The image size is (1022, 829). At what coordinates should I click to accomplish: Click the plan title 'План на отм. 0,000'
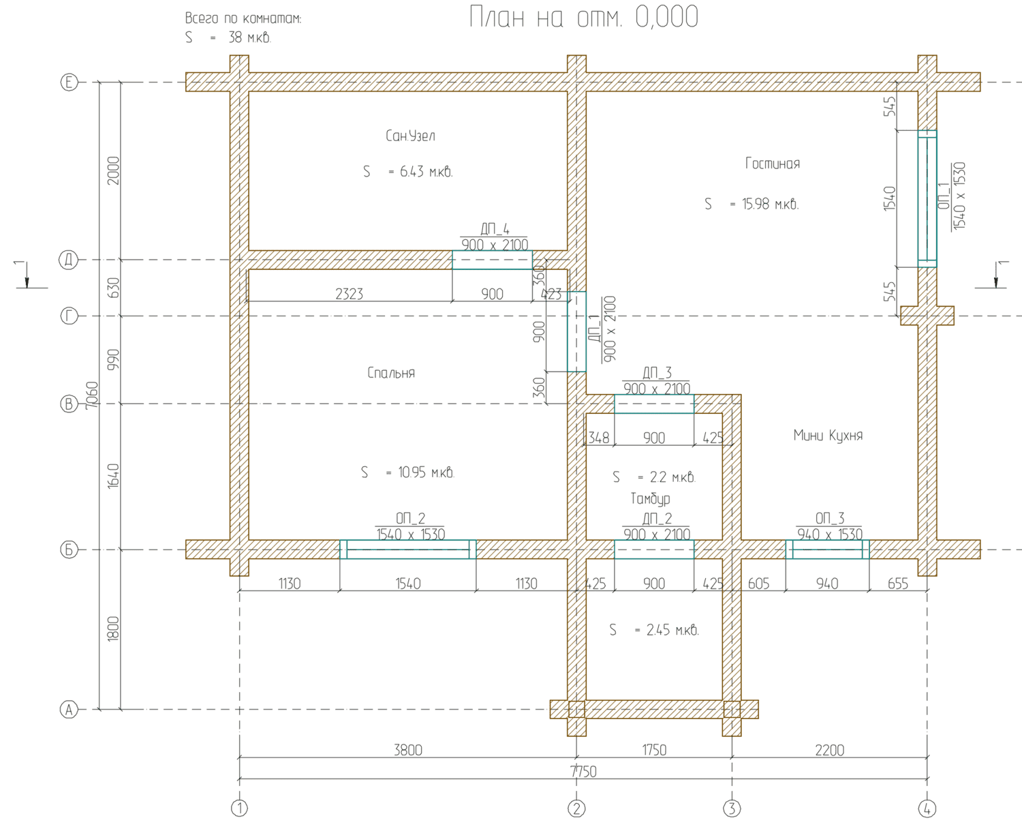[x=583, y=17]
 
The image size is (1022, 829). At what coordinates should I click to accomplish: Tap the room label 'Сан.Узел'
[x=410, y=136]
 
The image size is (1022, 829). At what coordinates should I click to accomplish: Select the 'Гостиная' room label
[x=773, y=164]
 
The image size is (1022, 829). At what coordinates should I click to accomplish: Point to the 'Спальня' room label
[x=391, y=373]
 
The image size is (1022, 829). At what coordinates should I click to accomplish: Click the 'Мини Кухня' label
[x=828, y=436]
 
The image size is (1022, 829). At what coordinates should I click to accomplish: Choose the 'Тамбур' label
[x=650, y=499]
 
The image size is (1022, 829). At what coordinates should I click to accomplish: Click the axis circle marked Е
[x=69, y=82]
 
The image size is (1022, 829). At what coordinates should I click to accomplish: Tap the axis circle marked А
[x=69, y=710]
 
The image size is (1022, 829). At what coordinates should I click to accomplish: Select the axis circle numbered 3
[x=732, y=809]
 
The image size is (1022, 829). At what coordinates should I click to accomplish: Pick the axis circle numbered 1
[x=239, y=809]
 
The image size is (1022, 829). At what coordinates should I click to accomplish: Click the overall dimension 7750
[x=583, y=772]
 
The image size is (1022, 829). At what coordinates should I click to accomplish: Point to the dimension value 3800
[x=408, y=751]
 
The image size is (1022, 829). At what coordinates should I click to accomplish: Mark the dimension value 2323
[x=350, y=294]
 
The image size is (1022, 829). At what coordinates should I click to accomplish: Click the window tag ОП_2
[x=410, y=518]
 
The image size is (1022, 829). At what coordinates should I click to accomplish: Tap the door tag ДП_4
[x=495, y=229]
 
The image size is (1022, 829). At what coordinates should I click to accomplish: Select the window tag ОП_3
[x=830, y=518]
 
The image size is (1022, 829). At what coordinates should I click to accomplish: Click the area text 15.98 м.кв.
[x=770, y=205]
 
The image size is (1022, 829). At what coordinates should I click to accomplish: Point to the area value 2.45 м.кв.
[x=672, y=630]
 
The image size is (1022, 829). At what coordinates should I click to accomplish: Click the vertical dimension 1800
[x=112, y=629]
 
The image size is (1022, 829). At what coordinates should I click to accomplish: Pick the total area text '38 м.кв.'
[x=249, y=37]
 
